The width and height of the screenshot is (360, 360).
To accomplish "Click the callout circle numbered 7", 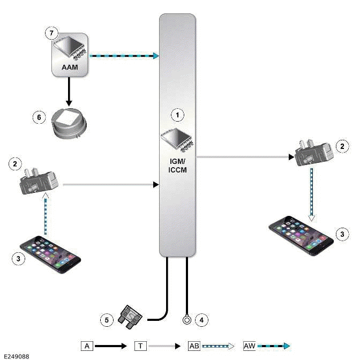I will pos(51,33).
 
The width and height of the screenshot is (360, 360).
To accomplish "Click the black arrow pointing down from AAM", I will pos(69,89).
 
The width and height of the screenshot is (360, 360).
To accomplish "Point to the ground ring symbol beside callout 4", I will pos(187,320).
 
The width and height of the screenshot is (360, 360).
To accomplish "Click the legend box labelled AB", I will pos(194,346).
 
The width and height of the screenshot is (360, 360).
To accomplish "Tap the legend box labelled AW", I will pos(250,346).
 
